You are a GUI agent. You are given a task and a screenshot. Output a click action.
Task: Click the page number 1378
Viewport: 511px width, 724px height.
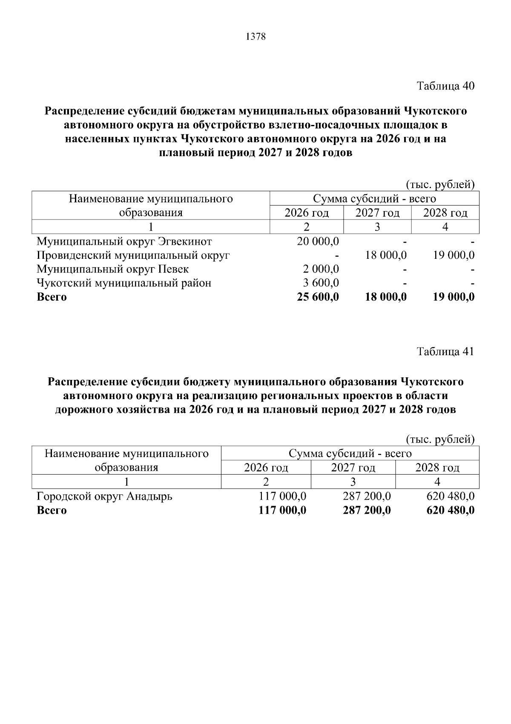click(x=255, y=37)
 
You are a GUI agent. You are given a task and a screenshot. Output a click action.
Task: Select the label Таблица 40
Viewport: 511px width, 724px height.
click(x=445, y=86)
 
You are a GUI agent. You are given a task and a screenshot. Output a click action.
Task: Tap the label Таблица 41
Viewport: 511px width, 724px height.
click(x=445, y=351)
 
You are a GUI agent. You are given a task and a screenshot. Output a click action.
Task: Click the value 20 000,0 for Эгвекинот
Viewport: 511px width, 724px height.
click(x=318, y=242)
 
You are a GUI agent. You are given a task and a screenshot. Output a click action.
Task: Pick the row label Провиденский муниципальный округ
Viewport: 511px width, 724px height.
click(x=133, y=255)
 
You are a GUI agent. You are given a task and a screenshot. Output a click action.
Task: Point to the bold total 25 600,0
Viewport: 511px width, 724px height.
click(x=318, y=297)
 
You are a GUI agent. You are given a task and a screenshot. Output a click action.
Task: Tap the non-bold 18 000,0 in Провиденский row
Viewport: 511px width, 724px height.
click(x=386, y=255)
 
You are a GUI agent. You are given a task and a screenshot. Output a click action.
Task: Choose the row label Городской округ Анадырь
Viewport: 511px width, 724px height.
click(x=105, y=496)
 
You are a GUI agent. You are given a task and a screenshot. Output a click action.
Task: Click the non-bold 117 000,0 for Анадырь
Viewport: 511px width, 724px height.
click(x=282, y=496)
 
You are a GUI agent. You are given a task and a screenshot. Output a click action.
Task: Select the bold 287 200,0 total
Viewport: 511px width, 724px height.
click(x=367, y=510)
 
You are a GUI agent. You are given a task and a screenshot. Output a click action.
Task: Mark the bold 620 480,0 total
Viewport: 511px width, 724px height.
click(x=451, y=510)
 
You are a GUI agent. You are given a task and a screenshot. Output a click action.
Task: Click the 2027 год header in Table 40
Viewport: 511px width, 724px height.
click(x=377, y=213)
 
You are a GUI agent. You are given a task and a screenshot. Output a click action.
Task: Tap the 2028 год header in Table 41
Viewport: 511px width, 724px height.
click(x=437, y=468)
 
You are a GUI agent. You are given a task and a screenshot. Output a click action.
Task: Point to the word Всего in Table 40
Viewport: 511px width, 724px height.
click(x=52, y=297)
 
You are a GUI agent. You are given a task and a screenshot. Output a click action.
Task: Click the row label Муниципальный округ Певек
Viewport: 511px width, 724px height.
click(x=113, y=269)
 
